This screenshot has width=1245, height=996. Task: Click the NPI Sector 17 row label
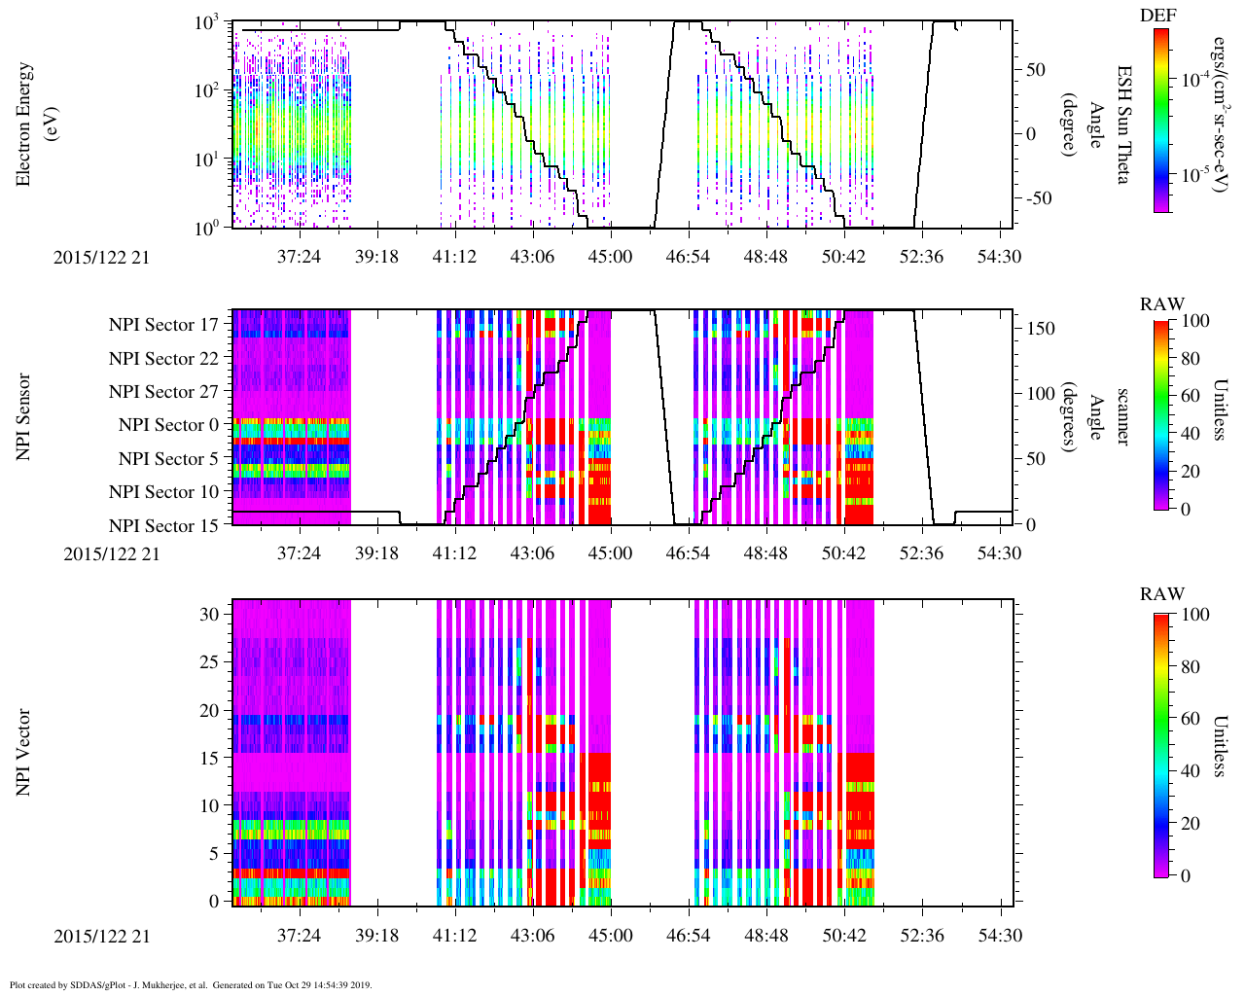[x=164, y=325]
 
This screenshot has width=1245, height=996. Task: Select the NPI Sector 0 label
[x=169, y=425]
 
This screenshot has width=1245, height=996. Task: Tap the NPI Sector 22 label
[x=164, y=359]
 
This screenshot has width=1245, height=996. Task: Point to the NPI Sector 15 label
[x=164, y=526]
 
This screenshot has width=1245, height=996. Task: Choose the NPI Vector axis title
[x=23, y=753]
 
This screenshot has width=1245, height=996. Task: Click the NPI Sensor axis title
[x=23, y=417]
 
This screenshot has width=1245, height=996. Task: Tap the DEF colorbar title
[x=1157, y=16]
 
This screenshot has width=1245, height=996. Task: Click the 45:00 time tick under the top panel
[x=611, y=257]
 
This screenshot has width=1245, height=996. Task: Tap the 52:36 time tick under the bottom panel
[x=921, y=935]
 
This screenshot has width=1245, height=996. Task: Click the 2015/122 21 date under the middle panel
[x=111, y=553]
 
